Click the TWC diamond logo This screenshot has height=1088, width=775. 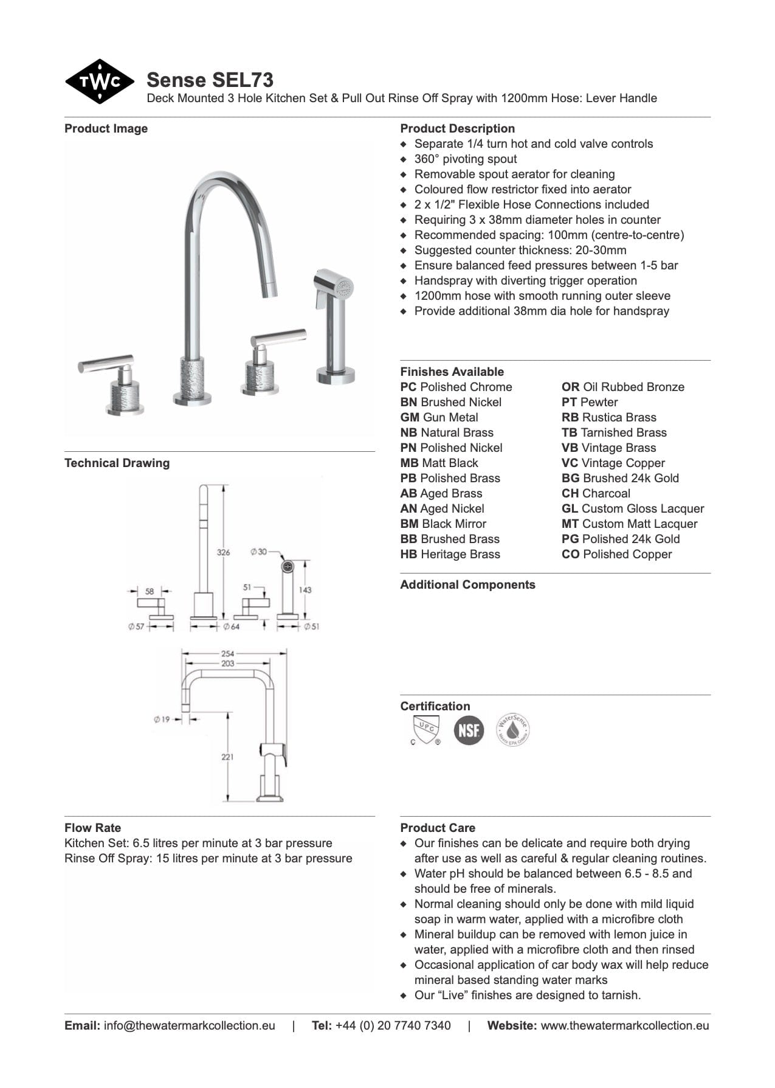pos(100,81)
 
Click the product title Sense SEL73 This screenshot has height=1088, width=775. pos(210,80)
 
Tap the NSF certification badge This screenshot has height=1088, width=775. pos(469,730)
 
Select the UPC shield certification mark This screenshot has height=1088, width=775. pos(425,729)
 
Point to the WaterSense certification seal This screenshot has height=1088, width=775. pos(512,730)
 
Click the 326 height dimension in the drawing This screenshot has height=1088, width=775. pos(224,552)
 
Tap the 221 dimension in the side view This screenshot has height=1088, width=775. pos(227,757)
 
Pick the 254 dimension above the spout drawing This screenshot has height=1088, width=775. pos(227,654)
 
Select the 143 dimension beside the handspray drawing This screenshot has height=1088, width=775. pos(305,589)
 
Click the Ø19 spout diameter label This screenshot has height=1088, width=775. pos(162,719)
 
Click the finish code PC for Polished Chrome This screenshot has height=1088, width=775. pos(408,387)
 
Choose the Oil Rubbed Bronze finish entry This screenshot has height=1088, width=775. pos(622,387)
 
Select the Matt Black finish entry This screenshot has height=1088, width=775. pos(439,463)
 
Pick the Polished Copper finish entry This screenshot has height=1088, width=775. pos(616,554)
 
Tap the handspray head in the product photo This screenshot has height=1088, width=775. pos(334,286)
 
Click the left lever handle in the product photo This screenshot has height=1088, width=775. pos(106,364)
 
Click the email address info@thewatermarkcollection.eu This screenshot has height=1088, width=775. pos(189,1025)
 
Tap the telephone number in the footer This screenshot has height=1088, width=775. pos(393,1025)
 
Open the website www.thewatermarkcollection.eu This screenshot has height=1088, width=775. pos(624,1025)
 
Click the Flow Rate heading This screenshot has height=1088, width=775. pos(92,828)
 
